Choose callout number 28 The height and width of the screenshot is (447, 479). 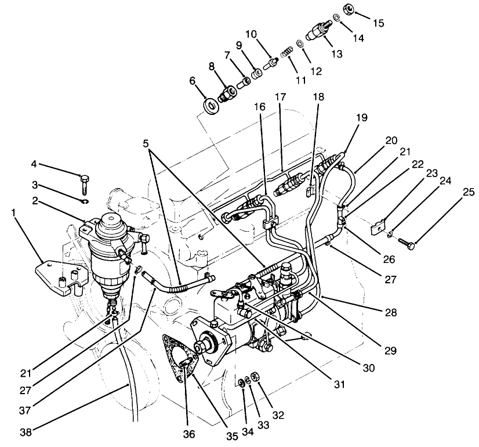[x=390, y=313]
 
